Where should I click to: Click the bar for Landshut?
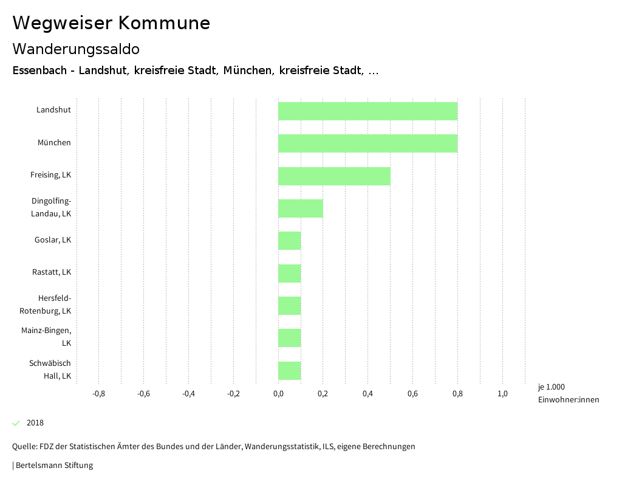[x=367, y=111]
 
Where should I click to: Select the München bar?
[x=367, y=143]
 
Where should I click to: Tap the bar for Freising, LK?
[x=334, y=176]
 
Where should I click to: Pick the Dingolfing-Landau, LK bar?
[x=301, y=208]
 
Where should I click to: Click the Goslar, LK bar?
[x=290, y=241]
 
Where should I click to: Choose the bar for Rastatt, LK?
[x=290, y=273]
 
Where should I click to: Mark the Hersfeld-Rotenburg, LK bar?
[x=290, y=306]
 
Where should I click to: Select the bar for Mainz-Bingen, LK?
[x=290, y=338]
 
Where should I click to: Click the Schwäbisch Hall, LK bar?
[x=290, y=370]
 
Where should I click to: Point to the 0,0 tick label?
[x=278, y=394]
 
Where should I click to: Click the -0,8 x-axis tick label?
[x=98, y=394]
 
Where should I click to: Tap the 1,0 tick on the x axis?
[x=502, y=394]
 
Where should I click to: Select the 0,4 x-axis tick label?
[x=367, y=394]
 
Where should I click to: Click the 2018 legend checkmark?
[x=16, y=423]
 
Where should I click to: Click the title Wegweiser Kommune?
[x=111, y=23]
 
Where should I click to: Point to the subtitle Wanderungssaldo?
[x=76, y=49]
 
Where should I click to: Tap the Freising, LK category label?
[x=51, y=175]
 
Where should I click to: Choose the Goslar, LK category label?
[x=53, y=240]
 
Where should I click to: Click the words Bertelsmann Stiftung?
[x=54, y=466]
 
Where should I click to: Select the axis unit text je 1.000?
[x=552, y=387]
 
